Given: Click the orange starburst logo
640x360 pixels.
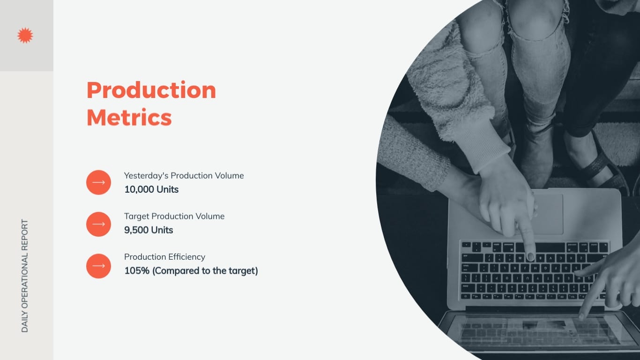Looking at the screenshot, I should pos(25,36).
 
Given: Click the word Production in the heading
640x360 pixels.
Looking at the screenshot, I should pos(151,90).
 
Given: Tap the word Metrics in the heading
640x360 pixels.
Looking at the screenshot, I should pos(129,117).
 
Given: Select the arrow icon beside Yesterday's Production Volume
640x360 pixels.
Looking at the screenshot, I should pos(98,182).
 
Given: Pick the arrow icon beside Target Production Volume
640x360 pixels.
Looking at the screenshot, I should pos(98,224).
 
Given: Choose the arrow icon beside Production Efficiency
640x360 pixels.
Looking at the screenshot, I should pos(98,266).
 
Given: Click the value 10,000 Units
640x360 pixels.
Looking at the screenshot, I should pos(151,189).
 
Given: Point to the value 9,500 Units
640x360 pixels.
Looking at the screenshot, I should pos(149,230).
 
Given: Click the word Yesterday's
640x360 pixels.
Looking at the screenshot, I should pos(146,176).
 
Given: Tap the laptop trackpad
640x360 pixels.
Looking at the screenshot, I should pos(547,214).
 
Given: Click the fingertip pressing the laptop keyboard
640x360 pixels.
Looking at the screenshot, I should pos(530,255).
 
